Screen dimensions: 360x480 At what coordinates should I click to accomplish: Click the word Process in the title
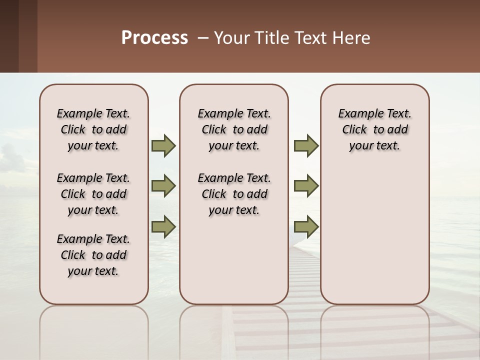coord(154,38)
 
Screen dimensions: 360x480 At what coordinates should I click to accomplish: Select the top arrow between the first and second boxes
coord(163,145)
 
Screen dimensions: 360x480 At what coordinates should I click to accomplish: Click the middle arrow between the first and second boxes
coord(163,186)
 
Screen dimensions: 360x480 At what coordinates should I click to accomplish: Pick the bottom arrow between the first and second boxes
coord(163,226)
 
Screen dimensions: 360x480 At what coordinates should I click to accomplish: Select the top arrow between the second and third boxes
coord(306,145)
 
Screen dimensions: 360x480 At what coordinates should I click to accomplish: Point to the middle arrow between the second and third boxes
coord(306,186)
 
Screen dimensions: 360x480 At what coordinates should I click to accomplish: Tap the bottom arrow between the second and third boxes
coord(306,226)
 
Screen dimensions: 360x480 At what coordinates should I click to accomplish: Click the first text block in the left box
coord(93,129)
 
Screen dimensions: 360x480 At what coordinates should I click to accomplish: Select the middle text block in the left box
coord(93,194)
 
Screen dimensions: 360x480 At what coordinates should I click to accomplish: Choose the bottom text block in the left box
coord(93,255)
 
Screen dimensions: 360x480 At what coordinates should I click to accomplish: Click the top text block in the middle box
coord(234,129)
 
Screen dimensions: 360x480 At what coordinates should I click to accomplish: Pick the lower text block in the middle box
coord(234,194)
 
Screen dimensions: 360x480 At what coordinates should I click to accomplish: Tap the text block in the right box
coord(374,129)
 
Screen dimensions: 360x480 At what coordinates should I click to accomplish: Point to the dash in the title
coord(203,38)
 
